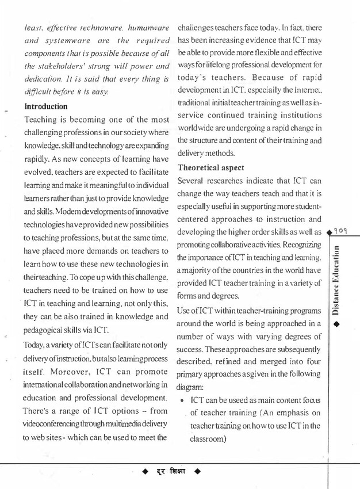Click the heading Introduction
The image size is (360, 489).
45,107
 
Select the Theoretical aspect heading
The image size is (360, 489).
212,168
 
